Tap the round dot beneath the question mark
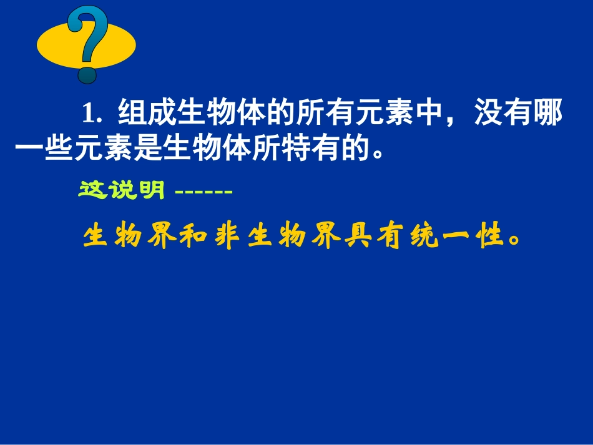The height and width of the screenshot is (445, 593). pos(87,74)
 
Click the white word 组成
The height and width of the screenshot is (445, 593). pos(147,114)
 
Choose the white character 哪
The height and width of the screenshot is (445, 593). pos(550,114)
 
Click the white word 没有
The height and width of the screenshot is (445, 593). pos(505,114)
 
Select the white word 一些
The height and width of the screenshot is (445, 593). pos(45,150)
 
